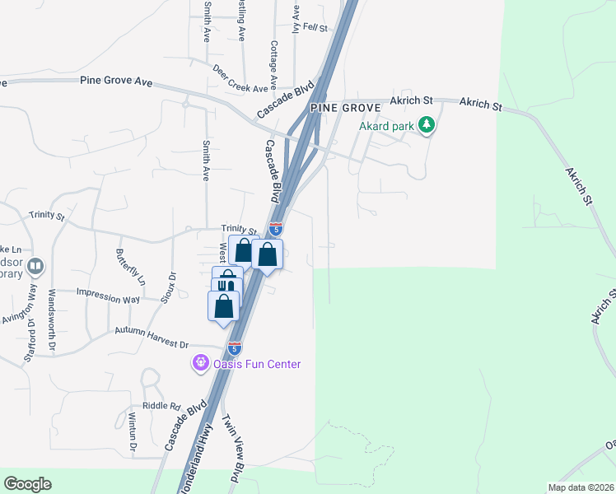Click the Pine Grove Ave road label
(118, 81)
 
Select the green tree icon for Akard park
(426, 125)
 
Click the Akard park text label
(387, 126)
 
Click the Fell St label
(315, 27)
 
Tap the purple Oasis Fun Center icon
(199, 362)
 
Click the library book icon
(35, 266)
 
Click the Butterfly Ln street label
(131, 267)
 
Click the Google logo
(27, 484)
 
